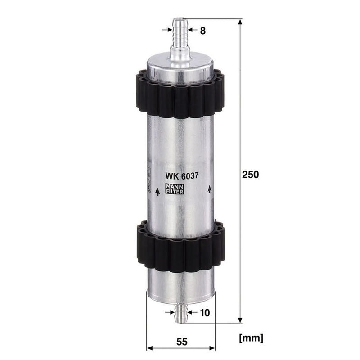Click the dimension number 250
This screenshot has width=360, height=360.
click(x=251, y=175)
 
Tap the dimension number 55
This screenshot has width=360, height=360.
click(x=182, y=342)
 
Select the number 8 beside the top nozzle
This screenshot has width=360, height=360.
click(x=203, y=31)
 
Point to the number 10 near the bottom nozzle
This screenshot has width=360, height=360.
click(x=205, y=312)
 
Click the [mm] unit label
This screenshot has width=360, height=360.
click(x=251, y=338)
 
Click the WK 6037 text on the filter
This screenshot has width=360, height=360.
click(x=182, y=176)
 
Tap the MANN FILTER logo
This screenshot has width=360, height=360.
click(x=175, y=189)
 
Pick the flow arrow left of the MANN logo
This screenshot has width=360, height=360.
click(x=157, y=192)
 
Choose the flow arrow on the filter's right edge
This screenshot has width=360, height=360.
click(x=209, y=189)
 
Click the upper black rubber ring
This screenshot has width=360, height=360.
click(x=180, y=94)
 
